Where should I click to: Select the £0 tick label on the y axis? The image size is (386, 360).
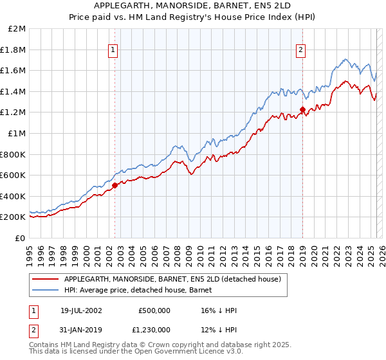[x=21, y=238]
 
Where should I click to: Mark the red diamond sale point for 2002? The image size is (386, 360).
[x=115, y=185]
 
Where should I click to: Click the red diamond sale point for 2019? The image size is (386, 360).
[x=302, y=109]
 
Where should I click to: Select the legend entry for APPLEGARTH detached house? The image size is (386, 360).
[x=172, y=279]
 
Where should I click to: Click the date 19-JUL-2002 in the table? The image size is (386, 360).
[x=81, y=310]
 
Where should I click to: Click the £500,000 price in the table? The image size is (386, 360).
[x=154, y=310]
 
